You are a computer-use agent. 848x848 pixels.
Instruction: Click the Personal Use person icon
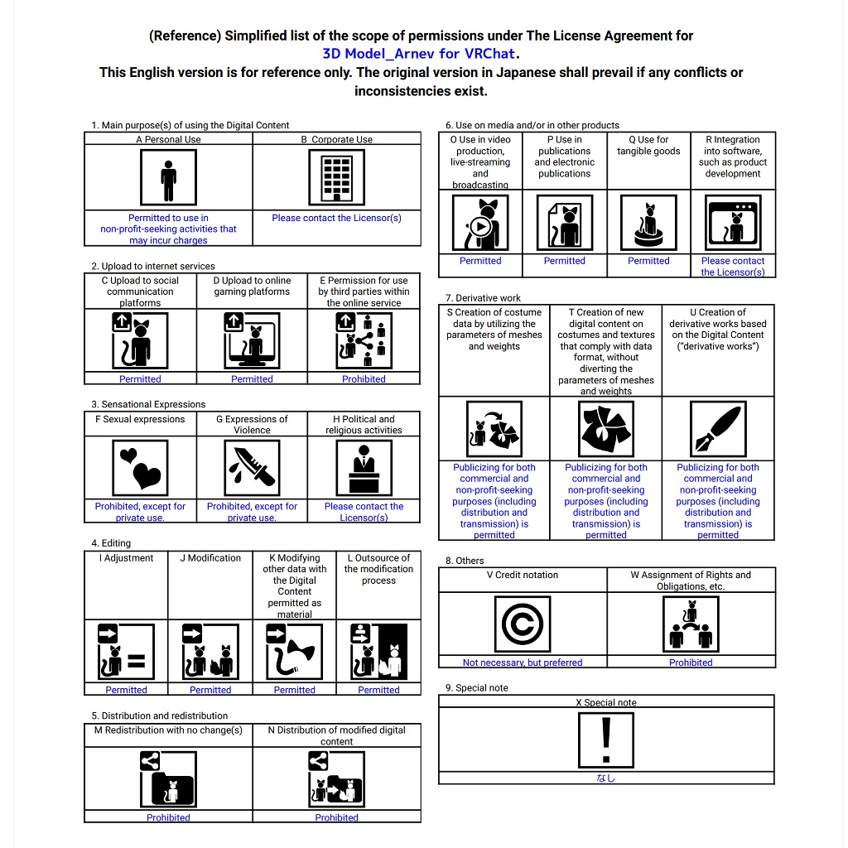pos(168,177)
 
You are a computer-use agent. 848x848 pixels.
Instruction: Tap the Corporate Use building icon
pos(336,177)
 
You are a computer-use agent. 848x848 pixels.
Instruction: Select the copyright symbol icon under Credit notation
pos(522,624)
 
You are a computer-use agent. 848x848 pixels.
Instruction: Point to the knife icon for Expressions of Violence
pos(252,468)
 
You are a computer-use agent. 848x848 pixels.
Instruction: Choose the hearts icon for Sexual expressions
pos(140,468)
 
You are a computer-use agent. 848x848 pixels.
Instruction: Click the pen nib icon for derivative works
pos(717,429)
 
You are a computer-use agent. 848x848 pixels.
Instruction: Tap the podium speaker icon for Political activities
pos(364,468)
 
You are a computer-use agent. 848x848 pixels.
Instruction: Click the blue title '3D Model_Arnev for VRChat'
pos(420,54)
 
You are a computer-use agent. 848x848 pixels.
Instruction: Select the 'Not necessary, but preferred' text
pos(522,662)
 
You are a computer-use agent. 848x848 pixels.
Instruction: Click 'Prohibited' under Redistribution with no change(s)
pos(168,817)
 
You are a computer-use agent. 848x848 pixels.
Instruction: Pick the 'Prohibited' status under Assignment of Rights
pos(691,662)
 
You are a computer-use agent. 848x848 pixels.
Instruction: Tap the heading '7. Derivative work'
pos(483,297)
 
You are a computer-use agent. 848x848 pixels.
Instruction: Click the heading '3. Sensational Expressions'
pos(148,404)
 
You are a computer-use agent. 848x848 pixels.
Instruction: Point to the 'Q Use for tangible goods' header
pos(648,146)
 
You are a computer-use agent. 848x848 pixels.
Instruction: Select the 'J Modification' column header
pos(210,558)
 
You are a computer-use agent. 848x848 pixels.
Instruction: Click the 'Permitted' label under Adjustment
pos(126,690)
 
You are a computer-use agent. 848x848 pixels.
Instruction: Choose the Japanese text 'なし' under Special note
pos(606,778)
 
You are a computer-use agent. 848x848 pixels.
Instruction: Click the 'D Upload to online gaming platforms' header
pos(252,286)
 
